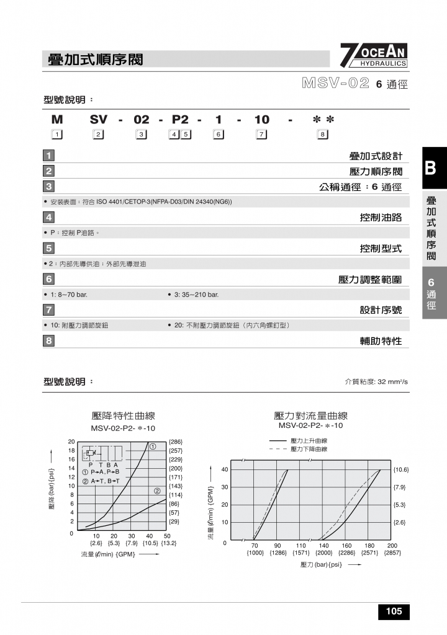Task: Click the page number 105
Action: pos(394,611)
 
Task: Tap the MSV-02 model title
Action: pos(336,83)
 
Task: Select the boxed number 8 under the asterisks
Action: pos(322,134)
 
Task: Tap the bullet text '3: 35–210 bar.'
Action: pos(194,295)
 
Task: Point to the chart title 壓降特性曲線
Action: pos(123,416)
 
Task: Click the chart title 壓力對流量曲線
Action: pos(310,416)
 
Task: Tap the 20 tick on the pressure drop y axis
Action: pos(71,441)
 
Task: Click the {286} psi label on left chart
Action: pos(176,442)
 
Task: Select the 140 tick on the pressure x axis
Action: pos(323,546)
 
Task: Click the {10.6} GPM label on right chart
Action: pos(400,469)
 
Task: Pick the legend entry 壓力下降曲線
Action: pos(309,449)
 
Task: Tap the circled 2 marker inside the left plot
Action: pos(158,492)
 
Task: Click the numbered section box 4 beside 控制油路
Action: pos(48,217)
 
